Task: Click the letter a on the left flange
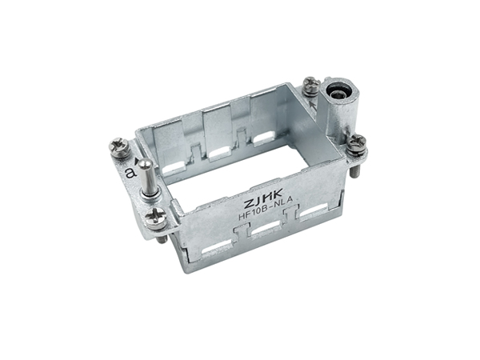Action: click(x=131, y=173)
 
